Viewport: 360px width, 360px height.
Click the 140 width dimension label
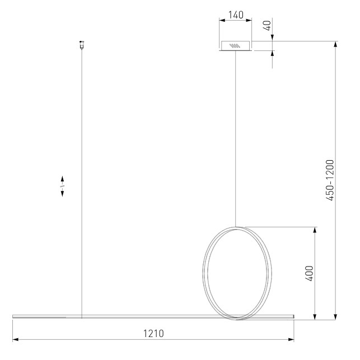(x=236, y=15)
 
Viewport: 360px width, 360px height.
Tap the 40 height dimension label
(x=267, y=26)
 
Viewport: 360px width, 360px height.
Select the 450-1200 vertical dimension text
(x=330, y=180)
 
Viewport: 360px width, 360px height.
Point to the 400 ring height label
(x=309, y=273)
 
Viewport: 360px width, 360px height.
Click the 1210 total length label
(x=153, y=333)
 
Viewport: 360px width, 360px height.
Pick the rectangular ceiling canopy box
(x=235, y=45)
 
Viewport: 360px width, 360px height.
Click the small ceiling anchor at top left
(x=82, y=45)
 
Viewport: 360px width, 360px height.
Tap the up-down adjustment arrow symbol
(x=62, y=186)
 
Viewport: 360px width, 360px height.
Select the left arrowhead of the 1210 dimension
(x=15, y=339)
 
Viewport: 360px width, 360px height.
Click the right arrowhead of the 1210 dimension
(x=291, y=339)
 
